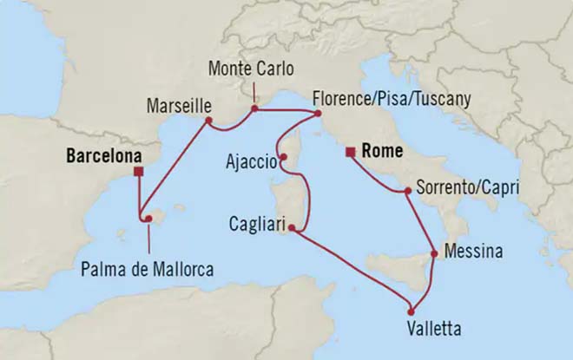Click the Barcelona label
[102, 157]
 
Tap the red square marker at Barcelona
[138, 171]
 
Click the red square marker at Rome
[349, 154]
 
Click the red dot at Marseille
[209, 121]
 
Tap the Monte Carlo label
[251, 67]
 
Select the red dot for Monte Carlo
[254, 110]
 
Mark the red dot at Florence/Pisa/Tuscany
[318, 114]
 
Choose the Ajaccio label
[251, 161]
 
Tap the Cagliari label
[254, 221]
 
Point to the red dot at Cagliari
[292, 228]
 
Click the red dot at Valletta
[411, 312]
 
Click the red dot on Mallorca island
[148, 219]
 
